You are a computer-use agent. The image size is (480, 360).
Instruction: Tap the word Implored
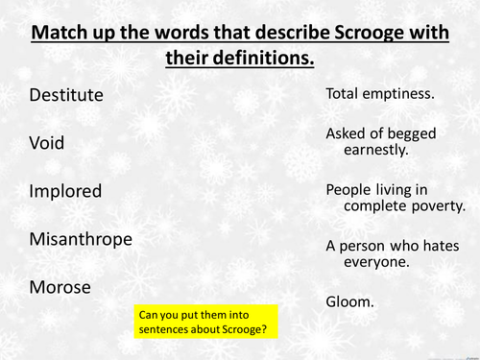click(x=65, y=191)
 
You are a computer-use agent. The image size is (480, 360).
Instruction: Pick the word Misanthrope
click(x=81, y=239)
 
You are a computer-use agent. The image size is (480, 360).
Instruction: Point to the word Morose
click(x=60, y=287)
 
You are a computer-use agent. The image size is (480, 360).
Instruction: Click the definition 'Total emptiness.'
click(x=380, y=94)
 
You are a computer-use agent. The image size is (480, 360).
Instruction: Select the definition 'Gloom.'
click(x=349, y=300)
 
